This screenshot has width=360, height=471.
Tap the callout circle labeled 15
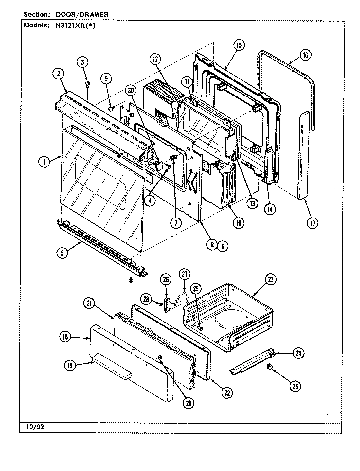[239, 45]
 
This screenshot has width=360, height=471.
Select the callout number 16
[305, 55]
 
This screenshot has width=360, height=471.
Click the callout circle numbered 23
[271, 280]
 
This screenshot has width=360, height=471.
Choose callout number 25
[296, 386]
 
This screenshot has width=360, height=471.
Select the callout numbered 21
[90, 304]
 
